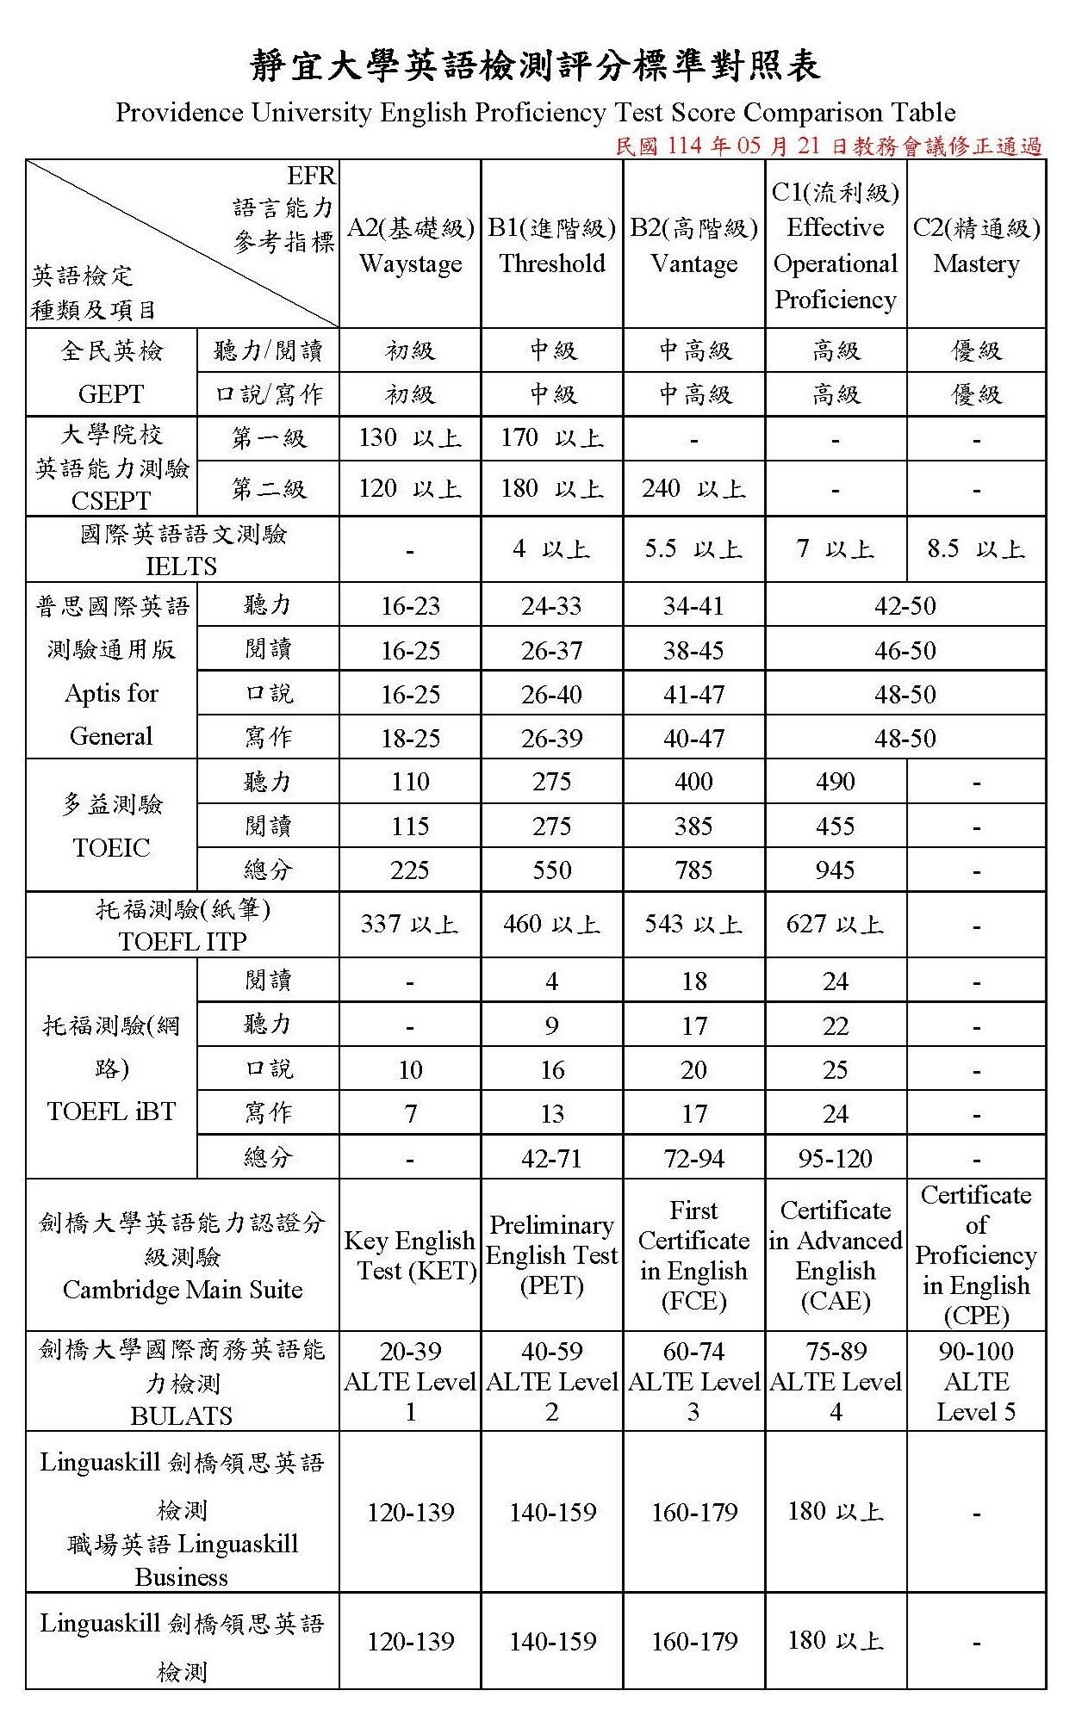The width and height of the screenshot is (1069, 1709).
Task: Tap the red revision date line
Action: click(829, 146)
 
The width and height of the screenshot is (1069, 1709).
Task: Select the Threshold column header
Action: click(552, 245)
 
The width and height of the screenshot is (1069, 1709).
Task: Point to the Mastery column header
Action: click(976, 245)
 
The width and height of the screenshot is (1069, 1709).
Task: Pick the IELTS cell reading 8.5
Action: click(976, 549)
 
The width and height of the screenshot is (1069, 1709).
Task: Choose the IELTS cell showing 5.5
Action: click(693, 549)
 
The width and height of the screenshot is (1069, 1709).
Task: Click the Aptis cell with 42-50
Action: click(904, 606)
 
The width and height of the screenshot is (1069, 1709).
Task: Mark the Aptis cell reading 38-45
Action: click(693, 650)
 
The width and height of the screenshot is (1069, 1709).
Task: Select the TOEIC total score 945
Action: click(835, 870)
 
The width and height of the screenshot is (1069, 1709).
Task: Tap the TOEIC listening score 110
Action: click(410, 782)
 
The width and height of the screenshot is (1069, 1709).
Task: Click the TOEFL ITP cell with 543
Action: click(693, 925)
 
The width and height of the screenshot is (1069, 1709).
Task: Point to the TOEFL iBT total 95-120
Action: click(835, 1158)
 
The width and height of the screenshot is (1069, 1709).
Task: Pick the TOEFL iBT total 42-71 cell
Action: click(552, 1158)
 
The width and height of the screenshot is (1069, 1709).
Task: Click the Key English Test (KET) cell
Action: click(410, 1255)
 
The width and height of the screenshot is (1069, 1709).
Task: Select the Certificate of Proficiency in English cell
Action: click(976, 1255)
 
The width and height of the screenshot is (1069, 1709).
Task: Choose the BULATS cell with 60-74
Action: click(693, 1381)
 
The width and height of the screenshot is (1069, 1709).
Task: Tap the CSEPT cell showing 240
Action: click(693, 489)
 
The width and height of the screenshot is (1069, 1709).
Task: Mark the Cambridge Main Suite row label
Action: click(183, 1255)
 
